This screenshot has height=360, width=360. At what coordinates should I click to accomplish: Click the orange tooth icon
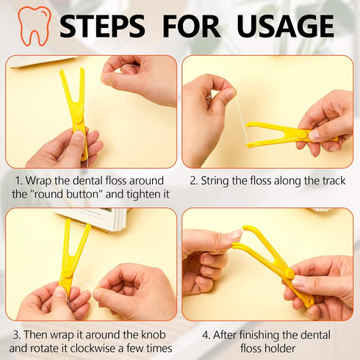35,26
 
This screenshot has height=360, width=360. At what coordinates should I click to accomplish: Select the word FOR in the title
191,26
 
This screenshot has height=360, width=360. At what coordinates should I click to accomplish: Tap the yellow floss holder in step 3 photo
71,257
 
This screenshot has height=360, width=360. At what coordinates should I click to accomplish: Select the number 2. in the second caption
194,180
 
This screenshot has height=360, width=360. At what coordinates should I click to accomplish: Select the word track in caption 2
328,180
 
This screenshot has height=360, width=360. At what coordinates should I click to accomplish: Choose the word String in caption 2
219,180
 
